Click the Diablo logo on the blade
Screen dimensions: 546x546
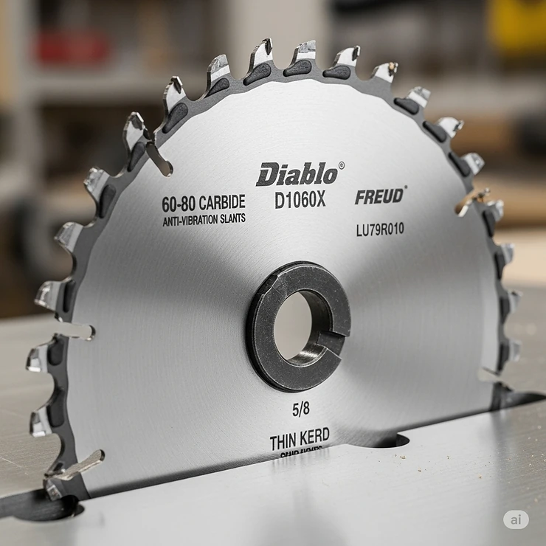[x=297, y=174]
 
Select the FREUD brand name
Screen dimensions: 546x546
[x=379, y=196]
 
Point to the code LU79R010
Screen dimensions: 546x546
[x=379, y=229]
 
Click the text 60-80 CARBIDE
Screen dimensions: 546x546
[x=204, y=203]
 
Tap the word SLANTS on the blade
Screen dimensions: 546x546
[x=232, y=218]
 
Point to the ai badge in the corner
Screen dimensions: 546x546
[x=516, y=519]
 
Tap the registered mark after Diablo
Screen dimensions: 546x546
[x=341, y=166]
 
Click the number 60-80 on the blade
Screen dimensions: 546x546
[x=177, y=204]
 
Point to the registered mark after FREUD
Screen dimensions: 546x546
[x=405, y=189]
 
